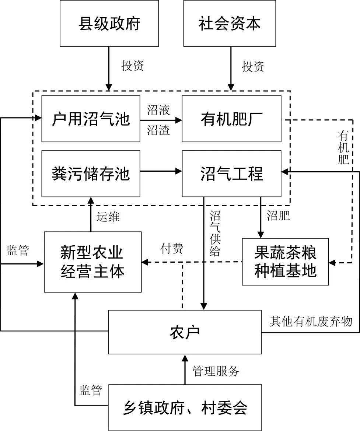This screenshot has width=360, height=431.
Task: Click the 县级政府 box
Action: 109,23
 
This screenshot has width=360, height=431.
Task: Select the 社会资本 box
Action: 230,23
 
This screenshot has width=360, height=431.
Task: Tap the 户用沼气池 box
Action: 91,119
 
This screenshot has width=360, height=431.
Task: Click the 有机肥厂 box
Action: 231,119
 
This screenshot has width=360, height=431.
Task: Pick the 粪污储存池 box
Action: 91,174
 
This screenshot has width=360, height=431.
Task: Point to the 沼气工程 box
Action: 231,174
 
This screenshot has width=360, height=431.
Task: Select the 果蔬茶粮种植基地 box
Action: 285,262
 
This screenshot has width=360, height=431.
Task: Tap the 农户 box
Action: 185,332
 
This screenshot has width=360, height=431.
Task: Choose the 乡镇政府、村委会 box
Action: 185,407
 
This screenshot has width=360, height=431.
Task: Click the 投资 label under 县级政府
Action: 133,66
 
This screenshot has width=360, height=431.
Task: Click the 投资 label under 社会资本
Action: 253,67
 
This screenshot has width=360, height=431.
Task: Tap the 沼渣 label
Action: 159,130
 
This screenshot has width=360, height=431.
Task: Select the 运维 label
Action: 108,217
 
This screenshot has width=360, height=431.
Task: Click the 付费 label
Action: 172,249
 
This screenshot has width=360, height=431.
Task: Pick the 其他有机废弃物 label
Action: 311,321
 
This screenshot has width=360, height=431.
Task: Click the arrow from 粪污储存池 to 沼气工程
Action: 161,171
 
